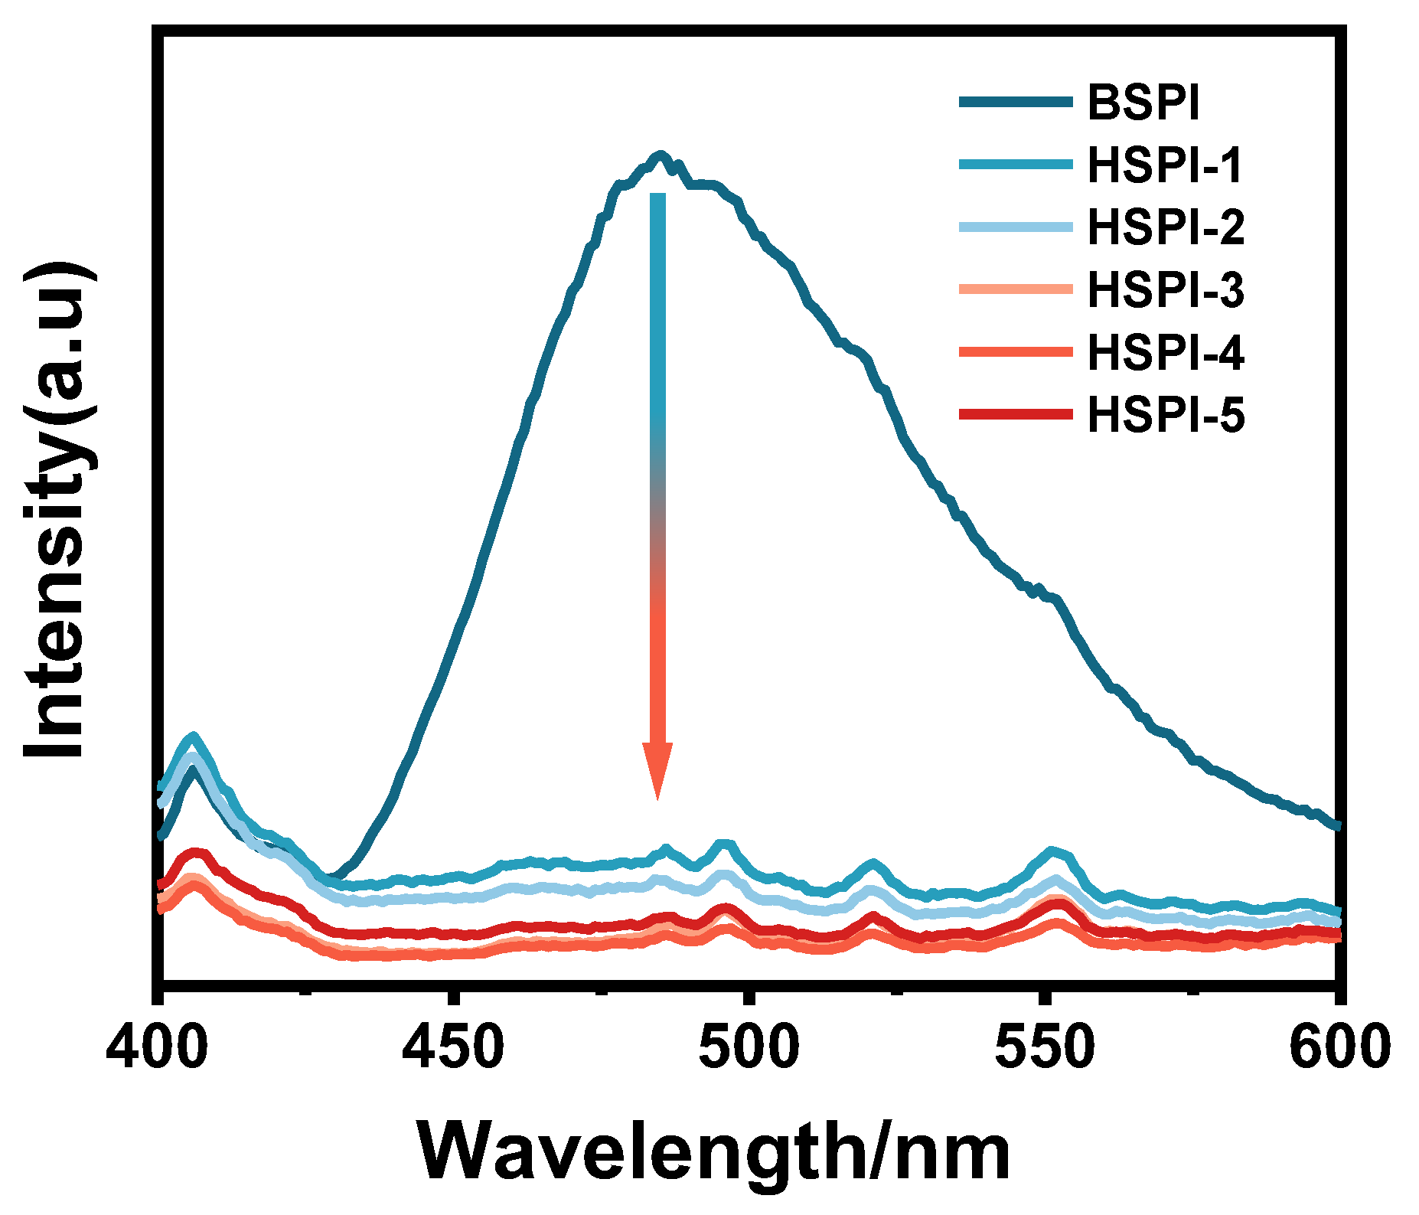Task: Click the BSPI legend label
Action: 1143,103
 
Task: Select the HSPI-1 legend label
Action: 1164,165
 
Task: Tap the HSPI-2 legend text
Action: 1166,227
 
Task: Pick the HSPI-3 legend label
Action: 1166,290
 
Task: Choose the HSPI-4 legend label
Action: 1166,353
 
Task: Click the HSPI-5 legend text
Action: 1166,416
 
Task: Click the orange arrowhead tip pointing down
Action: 657,799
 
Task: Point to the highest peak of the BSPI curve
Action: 660,155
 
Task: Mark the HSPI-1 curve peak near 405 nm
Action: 194,737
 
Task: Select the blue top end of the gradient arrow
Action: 657,198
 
